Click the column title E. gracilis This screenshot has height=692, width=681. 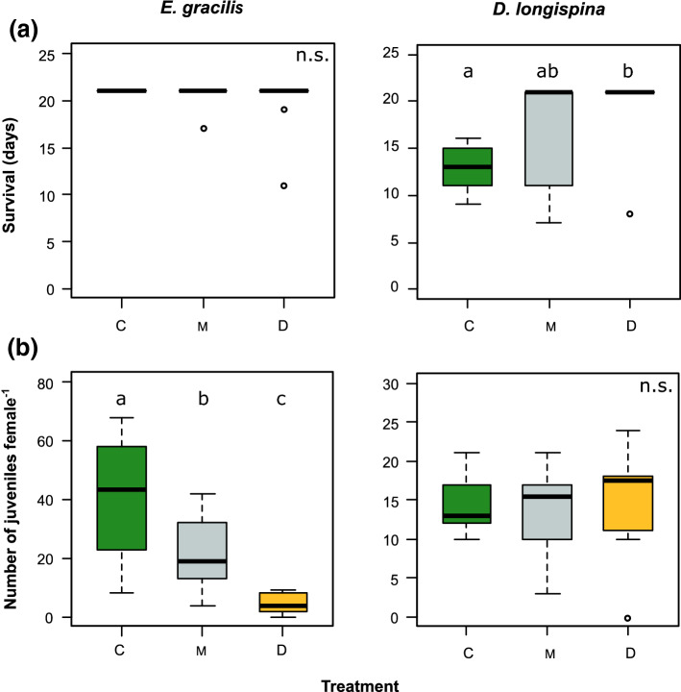(201, 11)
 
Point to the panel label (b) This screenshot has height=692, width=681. (25, 346)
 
